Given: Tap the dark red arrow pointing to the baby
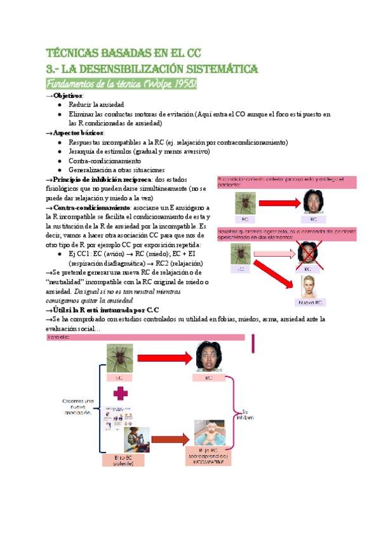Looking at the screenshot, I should [x=171, y=439].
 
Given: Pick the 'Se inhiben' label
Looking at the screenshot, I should [x=248, y=414].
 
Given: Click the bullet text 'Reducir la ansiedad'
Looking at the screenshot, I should [x=97, y=104].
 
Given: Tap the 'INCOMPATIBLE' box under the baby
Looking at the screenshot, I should [x=210, y=462].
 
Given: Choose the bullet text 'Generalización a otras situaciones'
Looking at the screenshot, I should [x=117, y=170].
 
